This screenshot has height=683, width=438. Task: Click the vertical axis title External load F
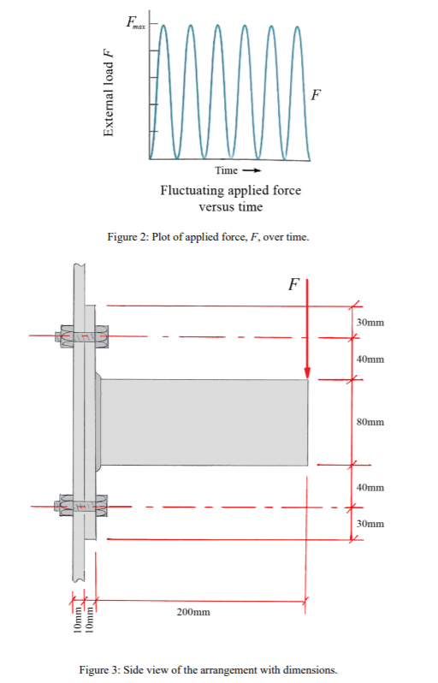[109, 93]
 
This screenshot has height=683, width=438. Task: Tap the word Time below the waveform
[227, 171]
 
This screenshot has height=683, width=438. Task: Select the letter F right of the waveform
[317, 94]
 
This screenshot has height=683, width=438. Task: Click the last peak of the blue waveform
[298, 27]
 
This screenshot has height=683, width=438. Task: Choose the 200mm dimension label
[194, 613]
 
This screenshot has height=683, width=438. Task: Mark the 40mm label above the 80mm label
[370, 359]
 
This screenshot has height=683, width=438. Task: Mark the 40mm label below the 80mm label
[370, 487]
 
